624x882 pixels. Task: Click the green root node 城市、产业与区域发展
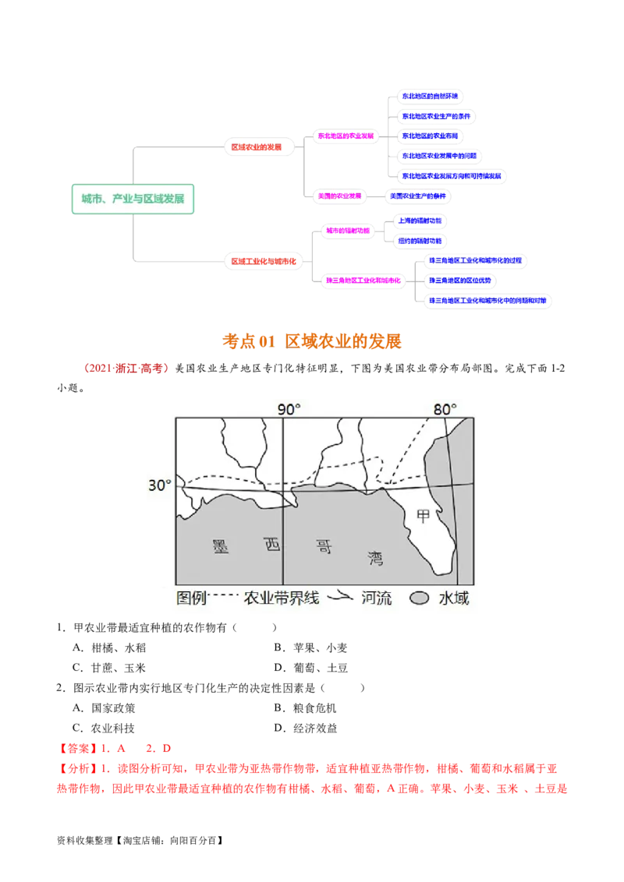point(133,199)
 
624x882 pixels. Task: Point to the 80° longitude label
point(445,410)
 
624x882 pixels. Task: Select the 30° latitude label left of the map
point(159,485)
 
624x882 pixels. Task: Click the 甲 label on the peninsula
point(424,516)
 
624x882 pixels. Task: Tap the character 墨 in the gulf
point(220,545)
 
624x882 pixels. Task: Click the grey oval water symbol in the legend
point(421,598)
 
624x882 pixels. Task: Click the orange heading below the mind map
point(312,341)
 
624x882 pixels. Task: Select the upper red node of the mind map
point(257,146)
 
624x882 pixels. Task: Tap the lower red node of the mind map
point(264,262)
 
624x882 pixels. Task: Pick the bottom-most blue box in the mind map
point(488,300)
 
